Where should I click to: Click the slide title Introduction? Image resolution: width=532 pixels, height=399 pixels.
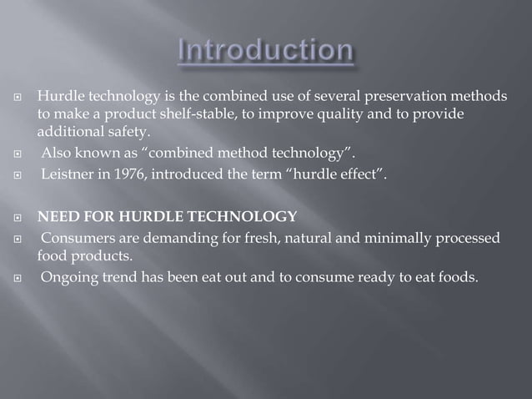tap(265, 51)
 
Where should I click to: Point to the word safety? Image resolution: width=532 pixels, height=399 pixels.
tap(130, 132)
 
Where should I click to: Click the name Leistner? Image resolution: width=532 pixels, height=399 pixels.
tap(69, 173)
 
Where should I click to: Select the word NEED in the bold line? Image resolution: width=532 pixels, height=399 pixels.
tap(55, 217)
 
